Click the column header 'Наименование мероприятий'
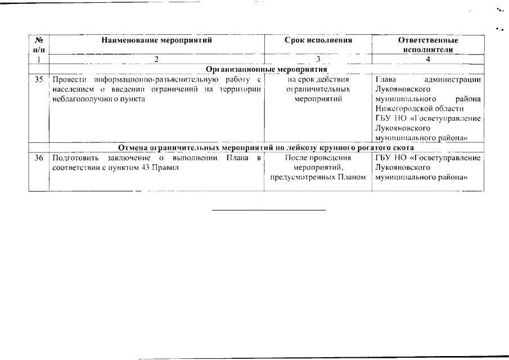click(157, 40)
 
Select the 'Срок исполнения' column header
click(318, 40)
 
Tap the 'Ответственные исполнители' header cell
click(428, 45)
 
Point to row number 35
click(38, 80)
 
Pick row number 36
click(38, 158)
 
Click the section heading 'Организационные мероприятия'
click(267, 69)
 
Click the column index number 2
click(157, 59)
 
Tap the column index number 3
click(318, 59)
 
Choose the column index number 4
click(428, 59)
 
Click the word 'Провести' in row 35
click(65, 80)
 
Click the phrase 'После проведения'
click(318, 158)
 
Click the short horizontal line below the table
click(269, 210)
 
